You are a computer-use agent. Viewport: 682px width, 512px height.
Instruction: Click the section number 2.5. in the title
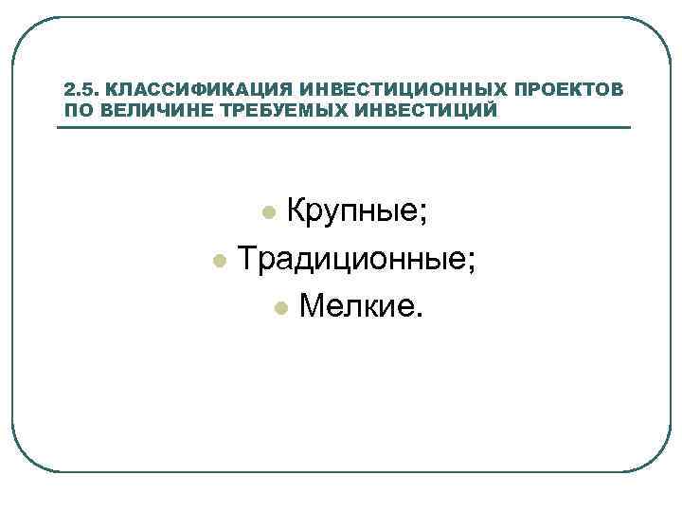pos(81,90)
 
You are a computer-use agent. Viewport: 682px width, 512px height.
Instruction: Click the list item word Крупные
pos(350,211)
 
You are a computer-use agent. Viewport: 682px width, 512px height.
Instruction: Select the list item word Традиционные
pos(350,258)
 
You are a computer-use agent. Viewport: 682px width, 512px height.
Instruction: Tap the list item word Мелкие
pos(357,305)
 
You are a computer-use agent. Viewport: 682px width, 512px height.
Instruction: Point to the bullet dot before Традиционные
pos(219,259)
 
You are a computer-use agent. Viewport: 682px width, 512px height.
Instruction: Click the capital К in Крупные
pos(295,210)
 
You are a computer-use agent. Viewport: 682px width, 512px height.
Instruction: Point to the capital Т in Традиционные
pos(248,257)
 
